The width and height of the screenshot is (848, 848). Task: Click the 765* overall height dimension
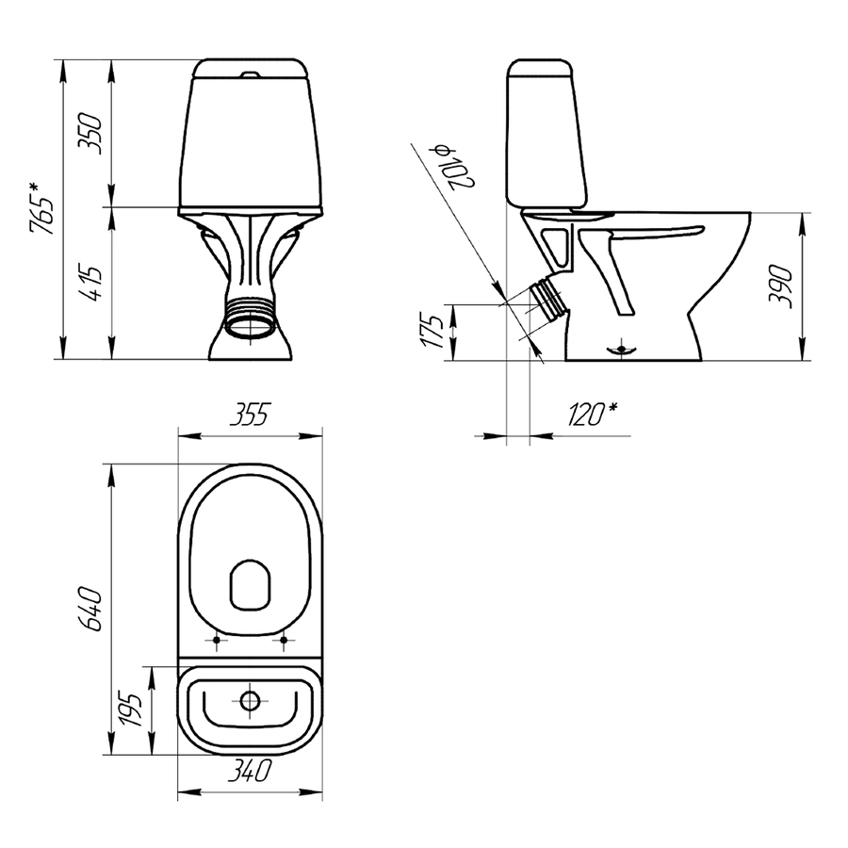pyautogui.click(x=42, y=209)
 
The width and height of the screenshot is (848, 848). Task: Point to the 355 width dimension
pyautogui.click(x=250, y=415)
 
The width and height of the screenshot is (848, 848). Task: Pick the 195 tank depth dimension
pyautogui.click(x=130, y=709)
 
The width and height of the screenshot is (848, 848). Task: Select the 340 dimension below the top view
pyautogui.click(x=249, y=770)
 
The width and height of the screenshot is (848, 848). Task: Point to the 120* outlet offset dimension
pyautogui.click(x=593, y=415)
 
